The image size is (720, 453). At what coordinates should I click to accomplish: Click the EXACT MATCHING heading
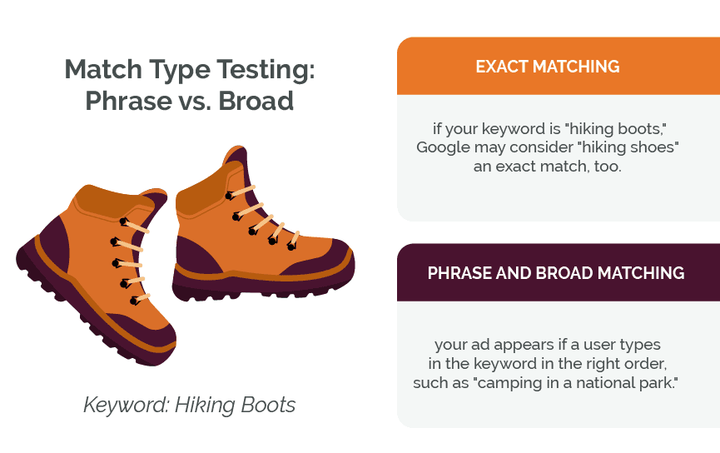[547, 67]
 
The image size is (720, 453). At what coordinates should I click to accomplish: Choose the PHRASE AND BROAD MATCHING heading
[556, 273]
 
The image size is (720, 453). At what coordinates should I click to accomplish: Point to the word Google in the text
[443, 147]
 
